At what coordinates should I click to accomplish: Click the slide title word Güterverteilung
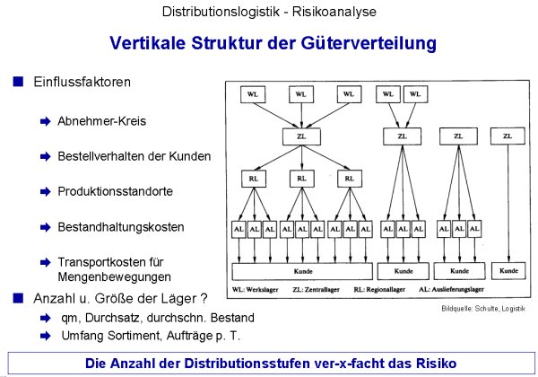pyautogui.click(x=369, y=44)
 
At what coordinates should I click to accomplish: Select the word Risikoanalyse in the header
pyautogui.click(x=334, y=12)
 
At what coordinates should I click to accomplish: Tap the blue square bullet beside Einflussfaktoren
pyautogui.click(x=18, y=82)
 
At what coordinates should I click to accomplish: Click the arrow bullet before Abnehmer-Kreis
pyautogui.click(x=46, y=121)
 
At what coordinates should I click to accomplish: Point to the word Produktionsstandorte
pyautogui.click(x=115, y=191)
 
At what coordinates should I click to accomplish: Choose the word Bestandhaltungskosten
pyautogui.click(x=121, y=227)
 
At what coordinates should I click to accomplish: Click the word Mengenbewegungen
pyautogui.click(x=114, y=276)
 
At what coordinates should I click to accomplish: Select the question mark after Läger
pyautogui.click(x=204, y=298)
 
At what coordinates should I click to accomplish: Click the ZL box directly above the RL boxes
pyautogui.click(x=301, y=136)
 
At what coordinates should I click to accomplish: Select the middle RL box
pyautogui.click(x=301, y=179)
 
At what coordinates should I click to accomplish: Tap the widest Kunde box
pyautogui.click(x=302, y=271)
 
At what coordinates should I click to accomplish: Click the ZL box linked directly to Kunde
pyautogui.click(x=508, y=136)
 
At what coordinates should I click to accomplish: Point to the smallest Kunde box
pyautogui.click(x=508, y=270)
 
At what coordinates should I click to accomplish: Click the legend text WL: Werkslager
pyautogui.click(x=256, y=289)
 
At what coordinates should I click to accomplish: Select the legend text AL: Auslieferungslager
pyautogui.click(x=451, y=289)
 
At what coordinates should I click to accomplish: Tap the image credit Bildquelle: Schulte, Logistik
pyautogui.click(x=483, y=308)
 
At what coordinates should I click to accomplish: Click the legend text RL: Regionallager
pyautogui.click(x=379, y=289)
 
